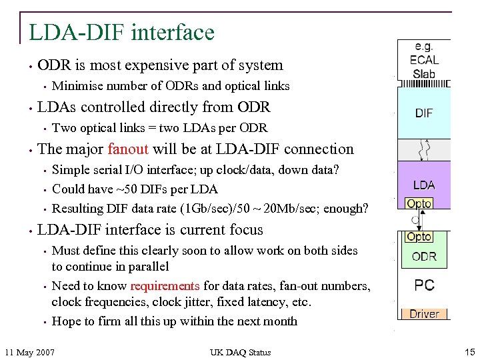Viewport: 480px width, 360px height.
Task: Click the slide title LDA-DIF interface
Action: point(121,32)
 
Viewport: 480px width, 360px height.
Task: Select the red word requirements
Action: point(165,286)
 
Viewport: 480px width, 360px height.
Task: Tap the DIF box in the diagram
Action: point(424,113)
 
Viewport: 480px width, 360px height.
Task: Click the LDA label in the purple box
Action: point(424,185)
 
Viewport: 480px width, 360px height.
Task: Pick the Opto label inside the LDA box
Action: point(419,203)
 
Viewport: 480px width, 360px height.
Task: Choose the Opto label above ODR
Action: point(419,237)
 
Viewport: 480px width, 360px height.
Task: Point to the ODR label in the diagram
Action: point(424,257)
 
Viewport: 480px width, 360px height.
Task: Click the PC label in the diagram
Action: point(424,285)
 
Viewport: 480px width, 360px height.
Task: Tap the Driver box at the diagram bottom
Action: point(424,313)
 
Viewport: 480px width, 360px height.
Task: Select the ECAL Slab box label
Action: point(424,60)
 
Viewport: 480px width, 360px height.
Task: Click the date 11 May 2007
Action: point(30,352)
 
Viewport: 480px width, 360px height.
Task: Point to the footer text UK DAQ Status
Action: point(240,352)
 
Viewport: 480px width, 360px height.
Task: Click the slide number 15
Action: point(469,351)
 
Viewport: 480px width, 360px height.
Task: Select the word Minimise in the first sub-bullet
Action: point(77,85)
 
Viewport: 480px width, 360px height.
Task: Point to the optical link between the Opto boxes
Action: point(416,220)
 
